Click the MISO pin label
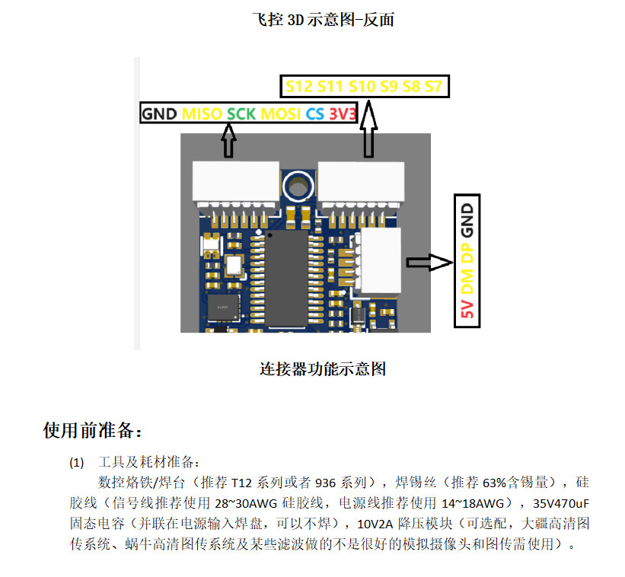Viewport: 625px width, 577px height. point(203,114)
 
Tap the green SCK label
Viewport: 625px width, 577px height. point(241,114)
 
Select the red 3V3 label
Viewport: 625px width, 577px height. point(342,114)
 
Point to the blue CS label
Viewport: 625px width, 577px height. point(314,114)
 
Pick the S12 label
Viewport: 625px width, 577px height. point(299,86)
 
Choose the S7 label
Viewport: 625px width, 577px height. point(433,86)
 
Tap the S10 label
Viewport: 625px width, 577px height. point(362,86)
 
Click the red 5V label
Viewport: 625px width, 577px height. point(467,311)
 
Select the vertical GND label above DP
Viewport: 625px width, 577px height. point(467,216)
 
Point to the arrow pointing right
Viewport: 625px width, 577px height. point(429,263)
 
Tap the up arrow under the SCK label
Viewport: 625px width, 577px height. point(228,142)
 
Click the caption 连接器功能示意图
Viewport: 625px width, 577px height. point(323,370)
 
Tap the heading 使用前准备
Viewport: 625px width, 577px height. point(92,431)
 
